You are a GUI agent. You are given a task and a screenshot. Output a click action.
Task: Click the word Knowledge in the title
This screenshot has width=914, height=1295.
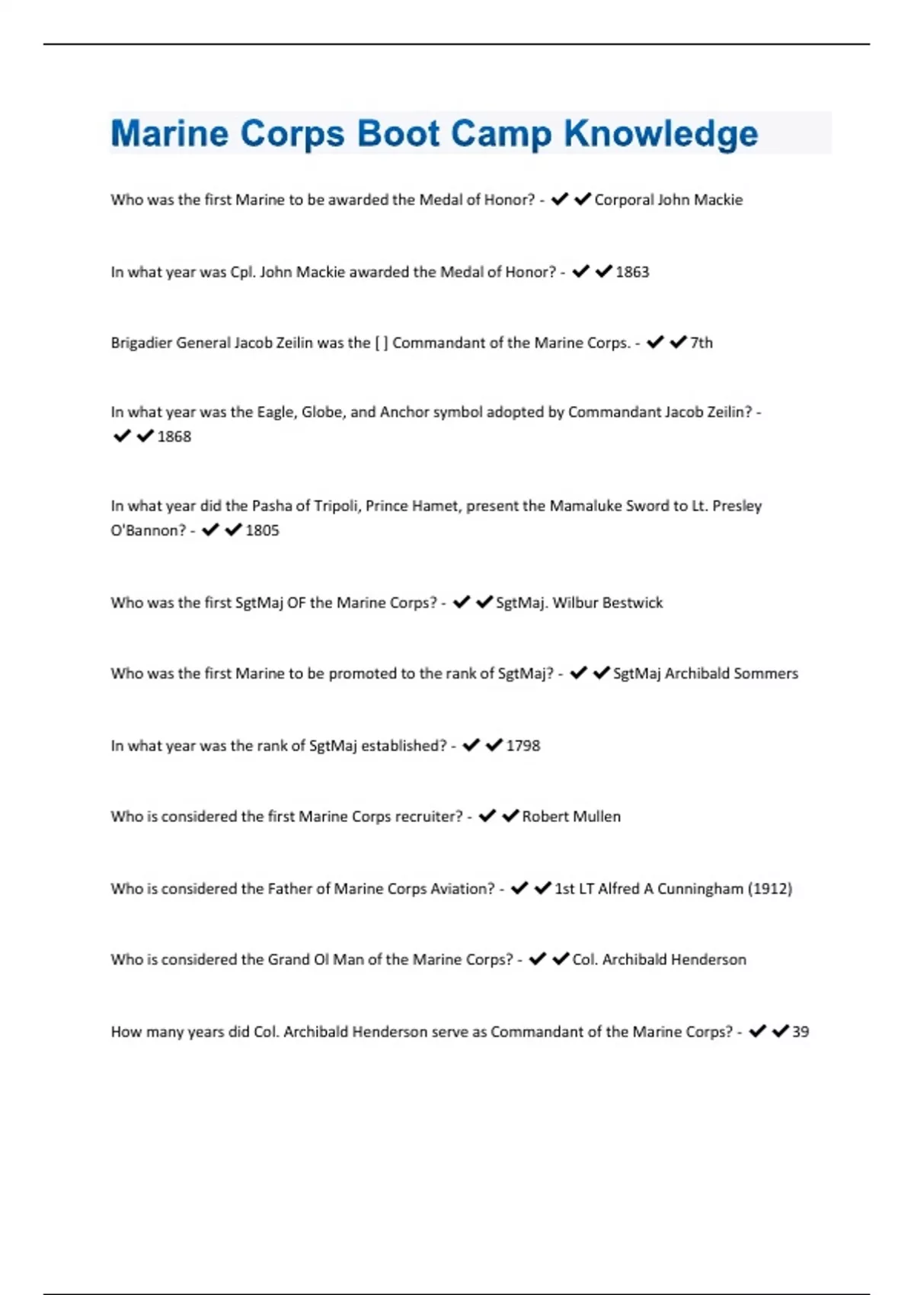point(660,134)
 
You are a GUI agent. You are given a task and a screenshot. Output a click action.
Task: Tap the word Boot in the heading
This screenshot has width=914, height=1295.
point(398,134)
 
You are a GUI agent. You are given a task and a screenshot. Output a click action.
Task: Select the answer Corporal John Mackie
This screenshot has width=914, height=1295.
point(668,200)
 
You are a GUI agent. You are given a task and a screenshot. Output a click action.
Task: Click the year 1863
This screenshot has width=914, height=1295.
point(632,272)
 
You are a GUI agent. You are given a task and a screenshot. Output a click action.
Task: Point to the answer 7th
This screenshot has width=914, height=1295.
point(701,343)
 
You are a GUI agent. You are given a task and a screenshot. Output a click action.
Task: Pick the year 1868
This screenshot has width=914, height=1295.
point(174,436)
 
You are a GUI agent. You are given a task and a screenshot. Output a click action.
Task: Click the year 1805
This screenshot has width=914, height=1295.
point(262,530)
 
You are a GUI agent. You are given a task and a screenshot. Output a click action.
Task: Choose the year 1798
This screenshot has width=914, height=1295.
point(523,746)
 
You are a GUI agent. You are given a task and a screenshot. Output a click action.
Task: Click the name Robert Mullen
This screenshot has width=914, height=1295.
point(571,817)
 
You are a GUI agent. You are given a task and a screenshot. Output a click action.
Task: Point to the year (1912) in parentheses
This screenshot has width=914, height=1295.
point(769,888)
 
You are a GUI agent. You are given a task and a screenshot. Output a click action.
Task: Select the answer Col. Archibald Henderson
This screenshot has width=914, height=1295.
point(659,960)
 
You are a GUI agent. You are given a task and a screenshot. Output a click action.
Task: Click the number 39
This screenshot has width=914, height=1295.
point(801,1031)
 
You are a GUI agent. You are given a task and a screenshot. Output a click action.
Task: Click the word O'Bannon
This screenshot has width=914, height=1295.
point(148,530)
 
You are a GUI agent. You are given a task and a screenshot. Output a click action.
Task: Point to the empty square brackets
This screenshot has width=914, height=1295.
point(382,343)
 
